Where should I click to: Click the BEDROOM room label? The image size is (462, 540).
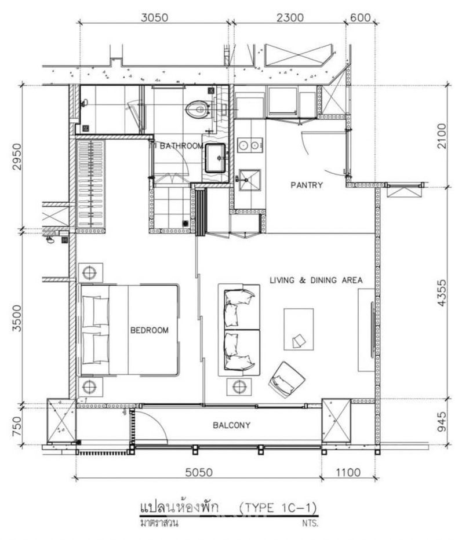[150, 330]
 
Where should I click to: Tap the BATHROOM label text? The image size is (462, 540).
[181, 146]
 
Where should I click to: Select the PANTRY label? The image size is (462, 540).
[307, 185]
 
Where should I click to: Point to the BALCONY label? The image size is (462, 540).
[231, 425]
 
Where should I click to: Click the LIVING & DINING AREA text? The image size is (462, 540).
[316, 280]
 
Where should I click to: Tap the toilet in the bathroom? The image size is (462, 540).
[198, 109]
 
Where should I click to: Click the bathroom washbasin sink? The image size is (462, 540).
[216, 158]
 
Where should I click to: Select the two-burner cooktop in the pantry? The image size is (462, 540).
[250, 145]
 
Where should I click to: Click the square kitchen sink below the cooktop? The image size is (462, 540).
[250, 180]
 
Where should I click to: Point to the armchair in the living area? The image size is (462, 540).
[286, 380]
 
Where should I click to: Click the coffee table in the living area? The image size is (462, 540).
[299, 329]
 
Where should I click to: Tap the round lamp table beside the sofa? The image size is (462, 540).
[239, 386]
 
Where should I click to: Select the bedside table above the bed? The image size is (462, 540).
[90, 273]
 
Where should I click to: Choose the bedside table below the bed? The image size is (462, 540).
[90, 386]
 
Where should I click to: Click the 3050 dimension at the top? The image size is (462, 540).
[155, 17]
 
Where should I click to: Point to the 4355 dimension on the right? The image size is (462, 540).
[441, 293]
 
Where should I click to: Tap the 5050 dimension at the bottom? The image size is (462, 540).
[199, 472]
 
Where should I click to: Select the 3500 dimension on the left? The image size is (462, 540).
[17, 318]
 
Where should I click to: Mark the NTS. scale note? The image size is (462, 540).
[310, 523]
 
